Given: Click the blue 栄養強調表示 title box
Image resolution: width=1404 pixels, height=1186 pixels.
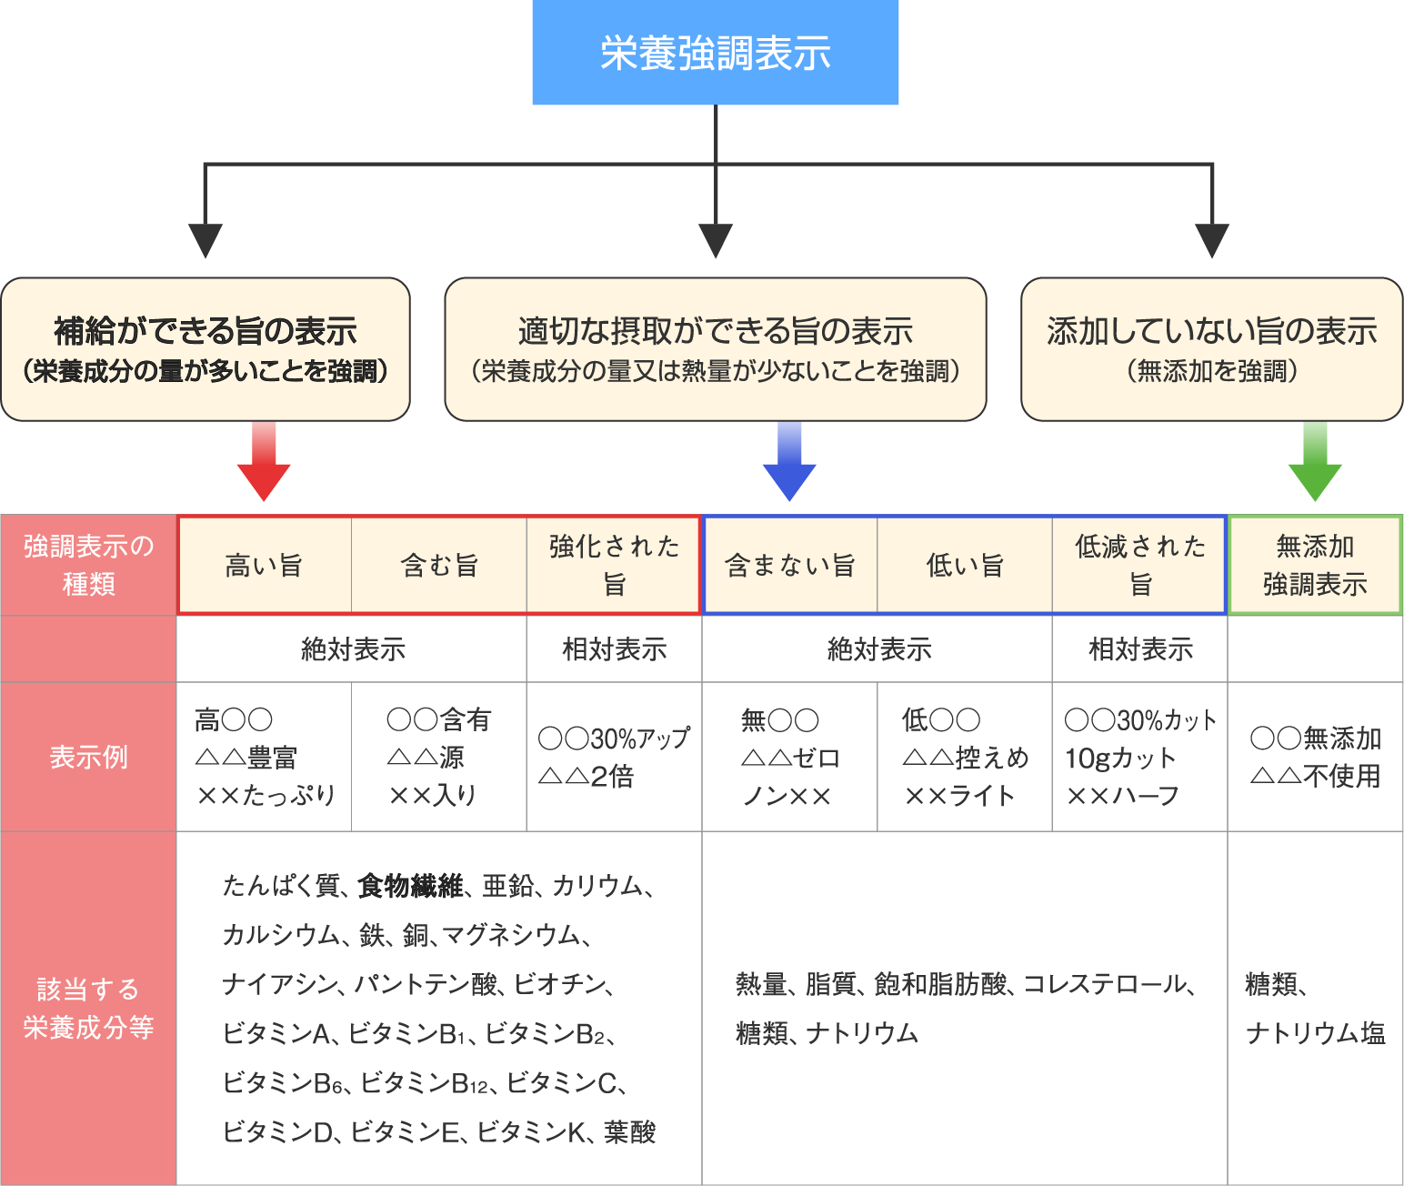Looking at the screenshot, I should [715, 53].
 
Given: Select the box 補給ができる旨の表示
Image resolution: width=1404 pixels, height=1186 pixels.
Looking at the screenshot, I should [206, 349].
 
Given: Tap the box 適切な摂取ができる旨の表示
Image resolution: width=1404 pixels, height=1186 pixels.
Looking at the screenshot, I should [715, 349].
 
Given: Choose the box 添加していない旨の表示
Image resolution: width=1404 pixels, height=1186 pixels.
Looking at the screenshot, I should [1211, 349].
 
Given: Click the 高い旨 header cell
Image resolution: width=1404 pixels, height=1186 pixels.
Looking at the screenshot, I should [264, 566].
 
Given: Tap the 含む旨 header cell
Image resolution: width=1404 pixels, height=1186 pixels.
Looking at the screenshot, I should [439, 566].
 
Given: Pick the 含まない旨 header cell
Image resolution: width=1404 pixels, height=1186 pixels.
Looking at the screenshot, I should [789, 566].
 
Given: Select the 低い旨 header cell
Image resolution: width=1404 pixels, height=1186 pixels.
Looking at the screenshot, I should [965, 566].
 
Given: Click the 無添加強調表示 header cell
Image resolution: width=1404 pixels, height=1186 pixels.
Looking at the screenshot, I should [1315, 566].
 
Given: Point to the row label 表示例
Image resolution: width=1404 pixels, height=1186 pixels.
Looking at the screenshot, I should [88, 757].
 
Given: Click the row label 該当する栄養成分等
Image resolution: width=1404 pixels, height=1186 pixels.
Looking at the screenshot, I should [88, 1008].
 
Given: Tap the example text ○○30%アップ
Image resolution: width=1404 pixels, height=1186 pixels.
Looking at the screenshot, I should [614, 738].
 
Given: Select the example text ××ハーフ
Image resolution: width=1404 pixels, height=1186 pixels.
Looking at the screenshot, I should [1122, 797].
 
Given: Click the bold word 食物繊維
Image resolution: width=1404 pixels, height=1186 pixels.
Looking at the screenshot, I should [411, 885].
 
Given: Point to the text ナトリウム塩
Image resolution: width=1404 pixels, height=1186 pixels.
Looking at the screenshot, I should [1315, 1033].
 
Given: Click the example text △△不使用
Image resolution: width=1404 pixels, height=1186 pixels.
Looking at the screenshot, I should [1315, 776].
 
